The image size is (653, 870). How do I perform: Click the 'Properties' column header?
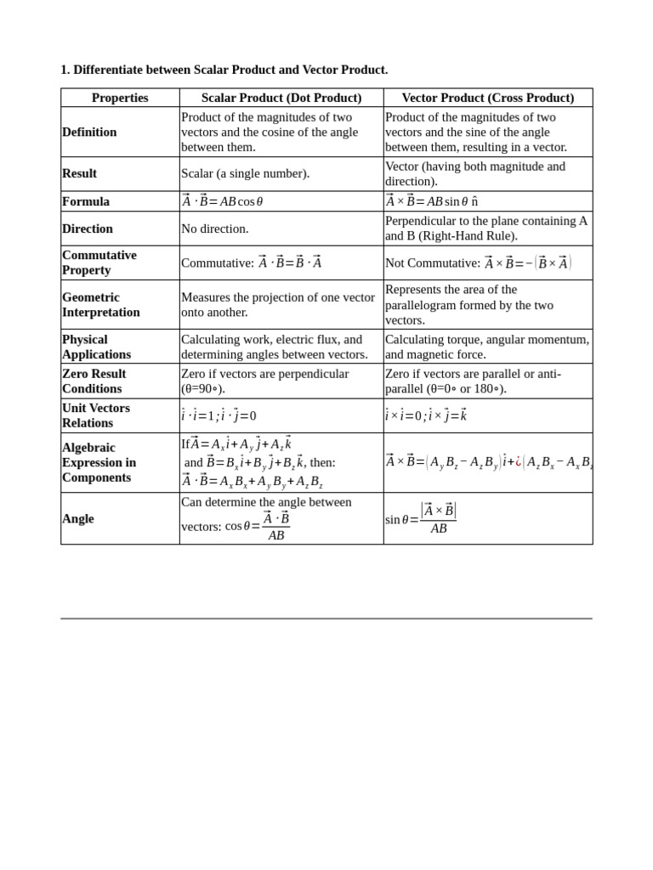pyautogui.click(x=120, y=98)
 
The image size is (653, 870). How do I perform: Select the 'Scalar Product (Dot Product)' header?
pyautogui.click(x=281, y=98)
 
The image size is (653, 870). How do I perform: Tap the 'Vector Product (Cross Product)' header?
pyautogui.click(x=487, y=98)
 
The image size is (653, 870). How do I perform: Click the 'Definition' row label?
pyautogui.click(x=89, y=132)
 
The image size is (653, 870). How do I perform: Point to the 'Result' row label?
pyautogui.click(x=80, y=173)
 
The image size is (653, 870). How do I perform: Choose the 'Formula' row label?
pyautogui.click(x=86, y=201)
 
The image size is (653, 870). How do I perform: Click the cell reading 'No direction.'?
pyautogui.click(x=215, y=229)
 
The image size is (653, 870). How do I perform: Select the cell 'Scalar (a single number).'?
pyautogui.click(x=246, y=173)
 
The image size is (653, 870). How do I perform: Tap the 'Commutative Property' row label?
pyautogui.click(x=99, y=263)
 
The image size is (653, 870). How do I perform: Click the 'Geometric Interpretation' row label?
pyautogui.click(x=101, y=304)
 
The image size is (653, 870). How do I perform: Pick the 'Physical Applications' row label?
pyautogui.click(x=96, y=347)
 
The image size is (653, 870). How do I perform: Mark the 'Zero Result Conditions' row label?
pyautogui.click(x=94, y=381)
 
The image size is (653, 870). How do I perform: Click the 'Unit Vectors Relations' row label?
pyautogui.click(x=95, y=415)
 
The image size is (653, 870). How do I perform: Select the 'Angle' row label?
pyautogui.click(x=78, y=518)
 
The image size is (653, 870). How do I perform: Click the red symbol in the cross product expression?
pyautogui.click(x=519, y=462)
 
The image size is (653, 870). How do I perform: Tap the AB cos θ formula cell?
pyautogui.click(x=223, y=201)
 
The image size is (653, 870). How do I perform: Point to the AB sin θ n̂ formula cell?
pyautogui.click(x=432, y=201)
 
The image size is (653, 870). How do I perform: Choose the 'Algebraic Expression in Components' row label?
pyautogui.click(x=99, y=462)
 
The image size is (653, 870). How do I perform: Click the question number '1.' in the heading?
pyautogui.click(x=65, y=70)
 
